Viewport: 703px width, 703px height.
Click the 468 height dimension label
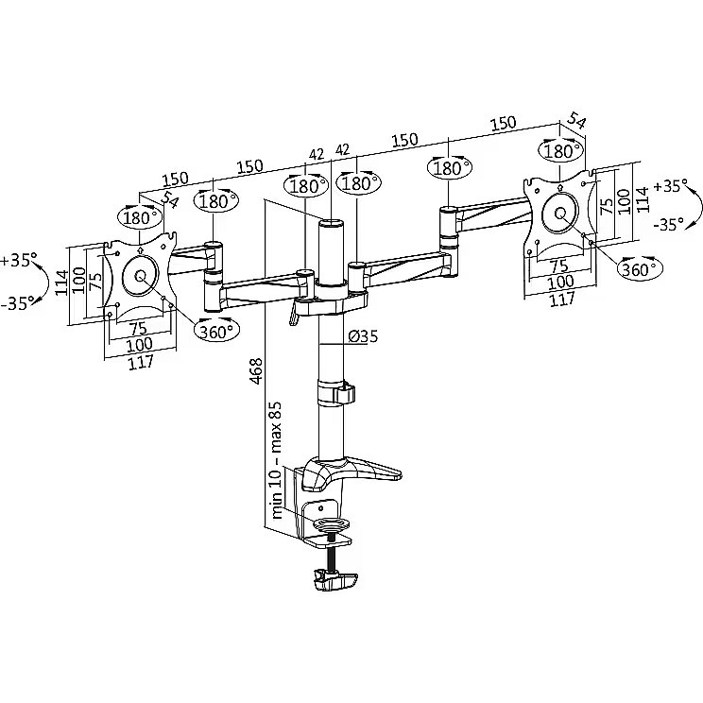point(256,370)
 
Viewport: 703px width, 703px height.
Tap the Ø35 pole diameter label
point(363,335)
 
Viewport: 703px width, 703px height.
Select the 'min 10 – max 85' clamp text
point(277,459)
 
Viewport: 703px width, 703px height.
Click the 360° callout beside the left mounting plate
point(216,331)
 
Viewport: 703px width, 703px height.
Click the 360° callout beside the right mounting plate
point(641,268)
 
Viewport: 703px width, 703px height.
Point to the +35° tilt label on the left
point(19,260)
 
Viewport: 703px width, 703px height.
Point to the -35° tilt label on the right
point(669,224)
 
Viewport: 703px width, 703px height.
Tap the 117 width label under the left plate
point(141,362)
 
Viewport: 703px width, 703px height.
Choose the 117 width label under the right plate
point(562,299)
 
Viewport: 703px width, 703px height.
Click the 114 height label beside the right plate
point(643,199)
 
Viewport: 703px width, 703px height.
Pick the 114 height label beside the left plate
point(61,282)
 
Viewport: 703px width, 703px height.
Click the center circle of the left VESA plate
point(140,275)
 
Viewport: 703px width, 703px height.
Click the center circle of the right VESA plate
point(560,213)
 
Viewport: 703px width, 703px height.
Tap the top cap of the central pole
point(332,222)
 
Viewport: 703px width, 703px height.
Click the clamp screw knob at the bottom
point(335,580)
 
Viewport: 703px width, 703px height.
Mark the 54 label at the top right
point(576,121)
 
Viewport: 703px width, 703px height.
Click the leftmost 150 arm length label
point(175,180)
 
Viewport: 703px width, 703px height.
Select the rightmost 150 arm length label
point(503,123)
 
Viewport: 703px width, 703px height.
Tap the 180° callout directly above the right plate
point(561,150)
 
